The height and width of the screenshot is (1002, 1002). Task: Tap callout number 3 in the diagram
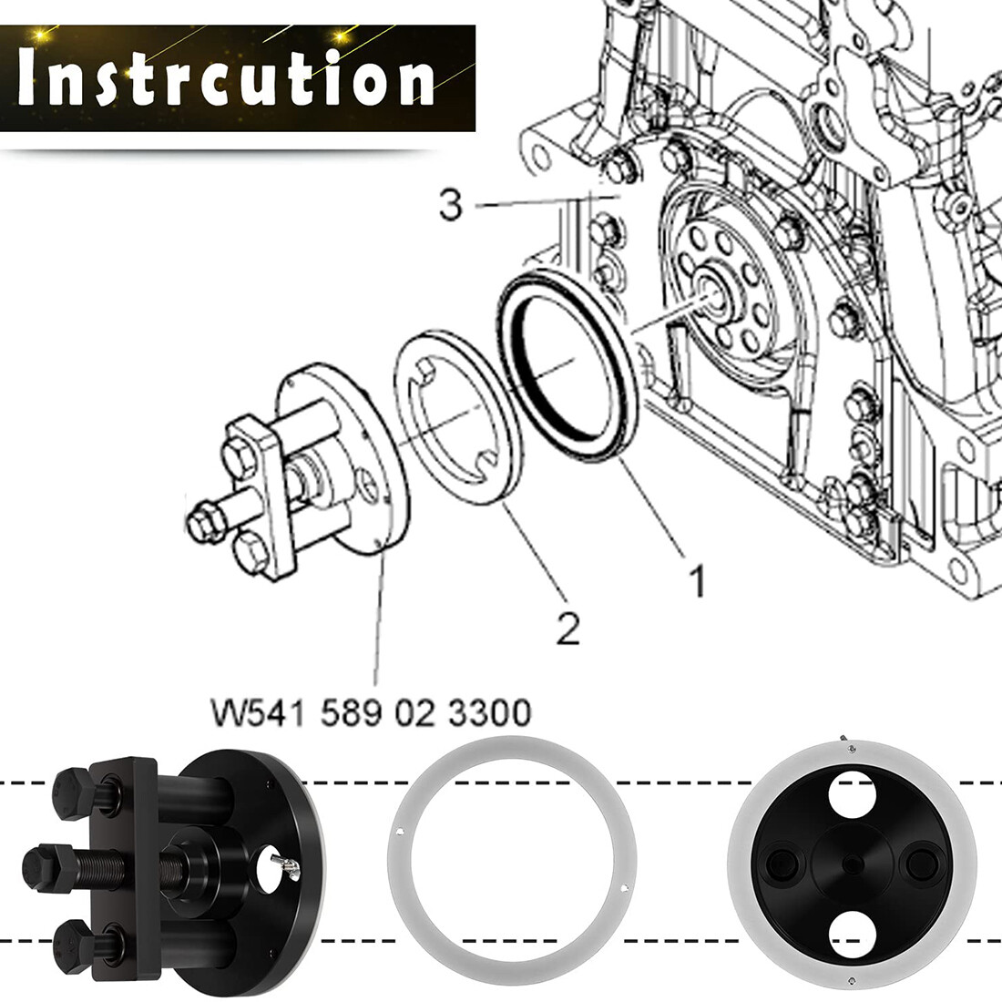point(451,204)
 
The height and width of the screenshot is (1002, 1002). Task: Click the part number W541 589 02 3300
point(372,712)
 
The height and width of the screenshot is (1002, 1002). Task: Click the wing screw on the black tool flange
point(286,868)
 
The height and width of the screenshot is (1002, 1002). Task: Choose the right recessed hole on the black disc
point(920,864)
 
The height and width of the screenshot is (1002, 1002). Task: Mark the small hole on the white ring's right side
point(624,886)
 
